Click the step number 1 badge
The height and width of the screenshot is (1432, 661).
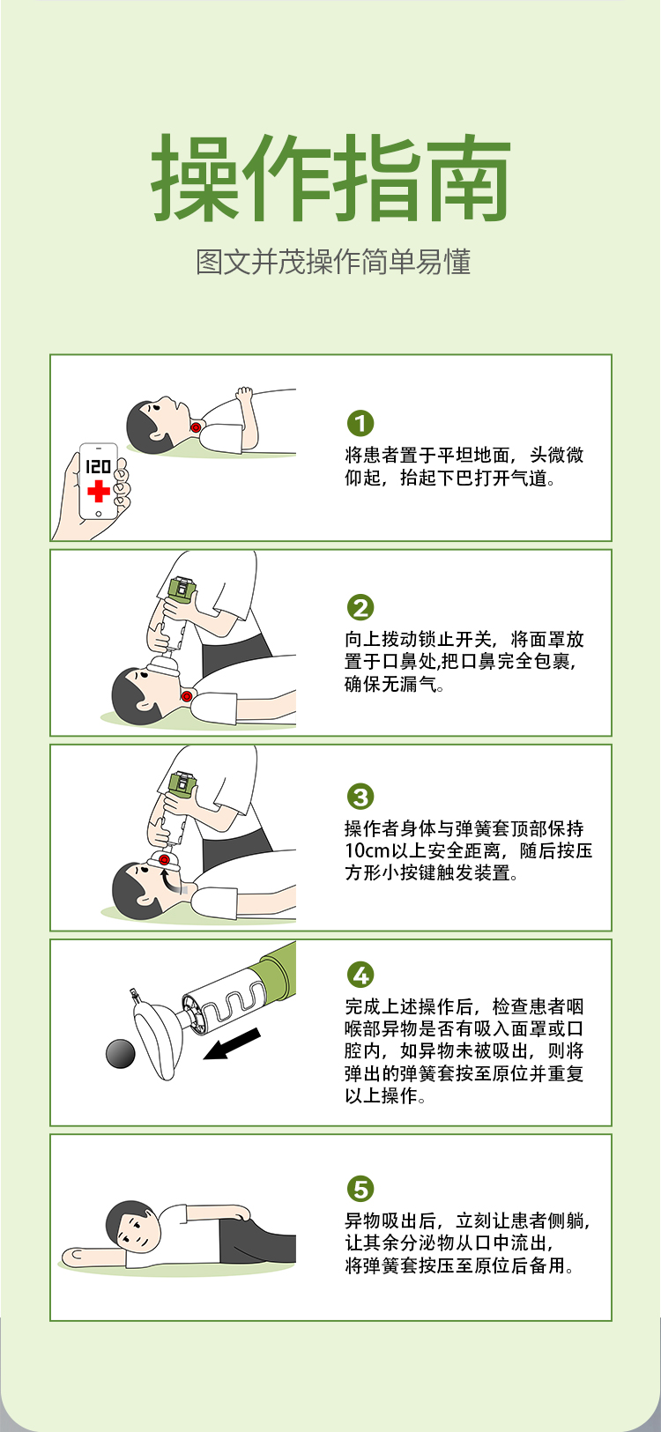[x=360, y=423]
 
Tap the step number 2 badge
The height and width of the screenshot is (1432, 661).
[x=360, y=607]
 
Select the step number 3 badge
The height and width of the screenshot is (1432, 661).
[x=360, y=797]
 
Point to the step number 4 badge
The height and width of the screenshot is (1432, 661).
[x=360, y=975]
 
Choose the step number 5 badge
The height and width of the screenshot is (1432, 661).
[x=360, y=1189]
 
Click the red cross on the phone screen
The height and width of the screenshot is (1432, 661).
[x=99, y=491]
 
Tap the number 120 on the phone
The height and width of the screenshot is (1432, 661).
[x=99, y=465]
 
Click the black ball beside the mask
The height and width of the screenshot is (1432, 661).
[x=121, y=1054]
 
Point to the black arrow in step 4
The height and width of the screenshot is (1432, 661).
[x=232, y=1043]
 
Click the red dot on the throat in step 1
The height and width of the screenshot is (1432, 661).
[x=196, y=427]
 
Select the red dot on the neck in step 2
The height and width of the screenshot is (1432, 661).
[x=187, y=695]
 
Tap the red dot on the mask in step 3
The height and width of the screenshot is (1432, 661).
[x=164, y=858]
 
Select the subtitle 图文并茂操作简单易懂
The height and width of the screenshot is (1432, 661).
[x=333, y=262]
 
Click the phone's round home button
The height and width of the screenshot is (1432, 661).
[x=99, y=514]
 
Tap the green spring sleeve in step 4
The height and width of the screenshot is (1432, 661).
[x=276, y=968]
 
